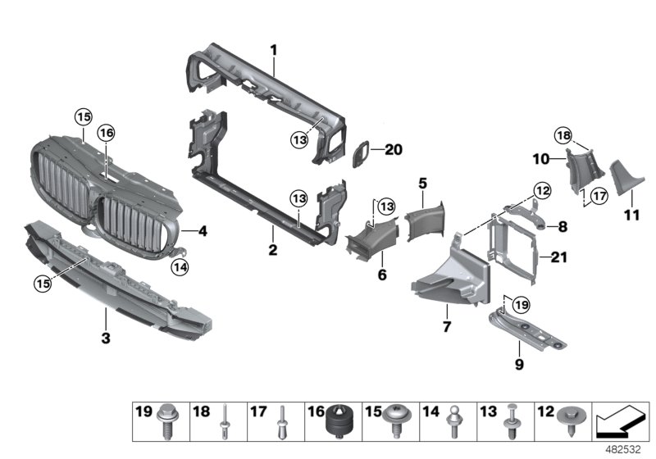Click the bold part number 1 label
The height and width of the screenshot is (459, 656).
pyautogui.click(x=274, y=50)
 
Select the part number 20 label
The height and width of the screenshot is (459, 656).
pyautogui.click(x=394, y=149)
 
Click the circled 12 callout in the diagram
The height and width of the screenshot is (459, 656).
pyautogui.click(x=540, y=190)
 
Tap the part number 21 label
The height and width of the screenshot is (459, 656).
pyautogui.click(x=558, y=257)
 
